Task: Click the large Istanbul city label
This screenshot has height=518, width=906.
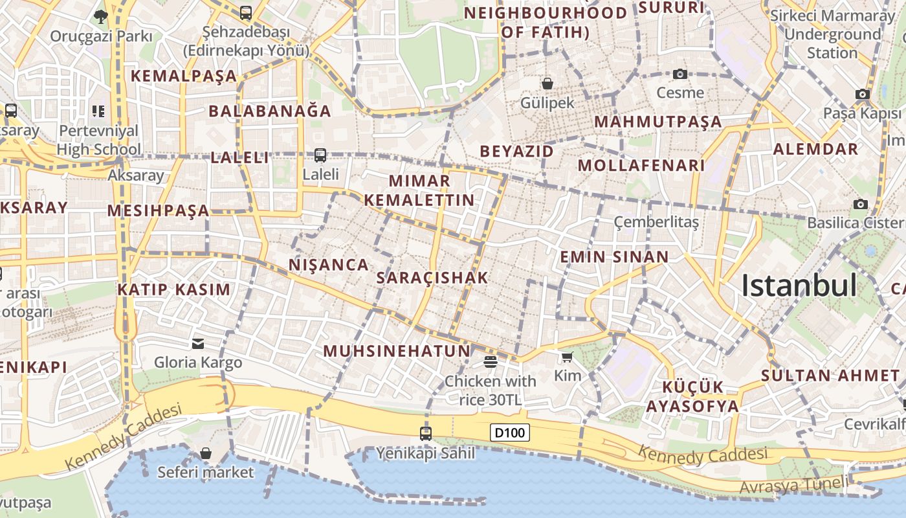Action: tap(799, 286)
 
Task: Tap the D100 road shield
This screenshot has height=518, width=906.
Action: tap(510, 433)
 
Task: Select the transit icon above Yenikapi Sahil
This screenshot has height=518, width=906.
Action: tap(426, 434)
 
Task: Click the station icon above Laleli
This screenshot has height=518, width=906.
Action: tap(320, 155)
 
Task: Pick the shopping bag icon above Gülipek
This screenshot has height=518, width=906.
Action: tap(547, 84)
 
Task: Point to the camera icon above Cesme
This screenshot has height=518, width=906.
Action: tap(679, 74)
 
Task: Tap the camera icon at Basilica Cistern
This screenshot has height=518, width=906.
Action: tap(860, 205)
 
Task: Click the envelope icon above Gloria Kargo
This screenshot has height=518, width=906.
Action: tap(198, 343)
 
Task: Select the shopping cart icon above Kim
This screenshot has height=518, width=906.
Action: tap(568, 357)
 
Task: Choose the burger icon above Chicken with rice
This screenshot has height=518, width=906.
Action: tap(491, 361)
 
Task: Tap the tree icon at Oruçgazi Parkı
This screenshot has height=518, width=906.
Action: tap(100, 16)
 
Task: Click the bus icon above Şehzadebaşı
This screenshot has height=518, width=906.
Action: tap(246, 12)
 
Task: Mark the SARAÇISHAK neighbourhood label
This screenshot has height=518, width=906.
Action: tap(432, 278)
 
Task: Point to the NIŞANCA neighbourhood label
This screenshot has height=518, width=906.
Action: tap(329, 265)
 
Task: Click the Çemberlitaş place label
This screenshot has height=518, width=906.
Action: tap(656, 222)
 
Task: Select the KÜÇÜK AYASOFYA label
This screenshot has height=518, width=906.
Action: tap(692, 397)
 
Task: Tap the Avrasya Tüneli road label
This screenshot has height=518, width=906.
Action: tap(793, 485)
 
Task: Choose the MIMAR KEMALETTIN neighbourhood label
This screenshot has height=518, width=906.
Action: tap(419, 190)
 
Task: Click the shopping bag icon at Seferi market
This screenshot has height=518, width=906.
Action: tap(206, 453)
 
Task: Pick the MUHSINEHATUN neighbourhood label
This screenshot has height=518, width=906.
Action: tap(397, 351)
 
